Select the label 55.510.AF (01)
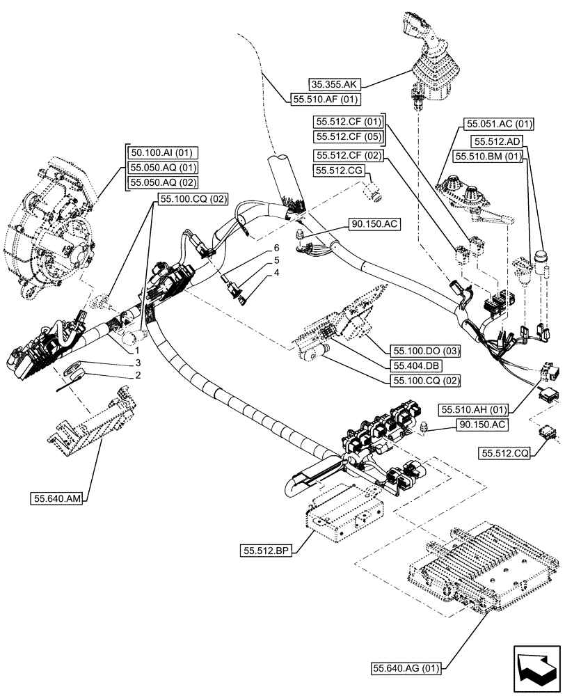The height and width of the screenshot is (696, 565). (324, 100)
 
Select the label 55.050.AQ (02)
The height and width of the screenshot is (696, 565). (161, 183)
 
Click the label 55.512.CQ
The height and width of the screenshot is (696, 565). (504, 453)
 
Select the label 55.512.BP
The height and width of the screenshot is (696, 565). (265, 551)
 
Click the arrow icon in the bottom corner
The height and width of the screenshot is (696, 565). (535, 667)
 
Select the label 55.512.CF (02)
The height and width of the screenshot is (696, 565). (348, 155)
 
